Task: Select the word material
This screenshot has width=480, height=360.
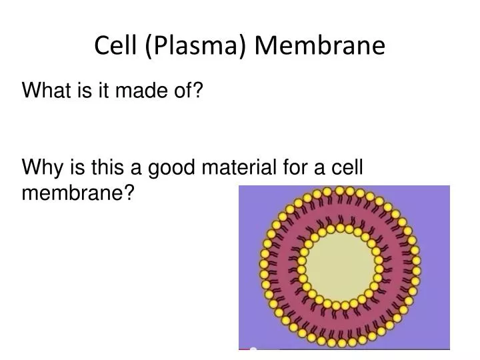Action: click(243, 169)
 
